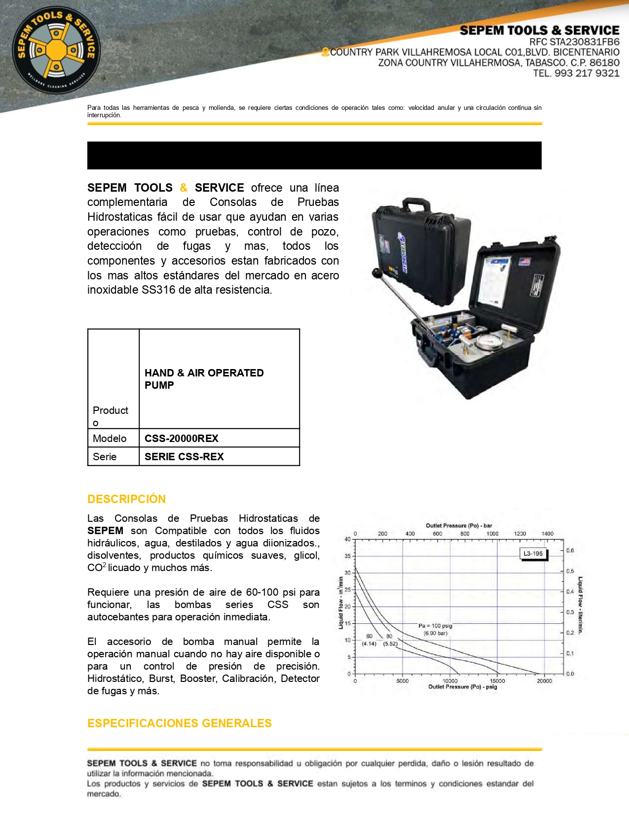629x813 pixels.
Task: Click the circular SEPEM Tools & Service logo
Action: click(x=56, y=49)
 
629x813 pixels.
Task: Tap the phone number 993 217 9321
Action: click(x=587, y=73)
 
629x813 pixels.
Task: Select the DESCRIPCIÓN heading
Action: click(x=126, y=499)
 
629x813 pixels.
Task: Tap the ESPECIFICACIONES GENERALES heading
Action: click(x=179, y=723)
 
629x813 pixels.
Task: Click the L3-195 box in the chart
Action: click(x=533, y=553)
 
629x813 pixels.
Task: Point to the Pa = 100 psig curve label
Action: click(x=435, y=626)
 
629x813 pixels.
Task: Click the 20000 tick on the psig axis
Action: click(x=544, y=681)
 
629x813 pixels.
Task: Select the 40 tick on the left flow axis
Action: click(x=347, y=539)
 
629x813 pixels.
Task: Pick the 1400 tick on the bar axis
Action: click(x=547, y=534)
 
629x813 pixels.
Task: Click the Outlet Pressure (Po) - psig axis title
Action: click(x=462, y=687)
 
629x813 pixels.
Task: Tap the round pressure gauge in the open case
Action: click(x=485, y=341)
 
